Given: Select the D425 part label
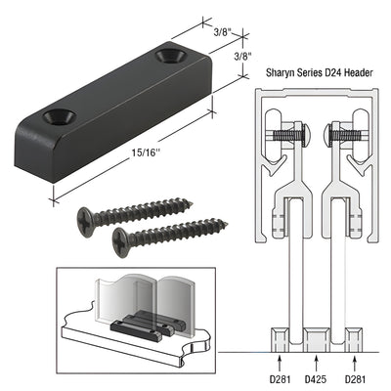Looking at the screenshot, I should [314, 374].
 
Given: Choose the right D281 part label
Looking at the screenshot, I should [354, 374].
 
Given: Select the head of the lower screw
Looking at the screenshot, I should [123, 238].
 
